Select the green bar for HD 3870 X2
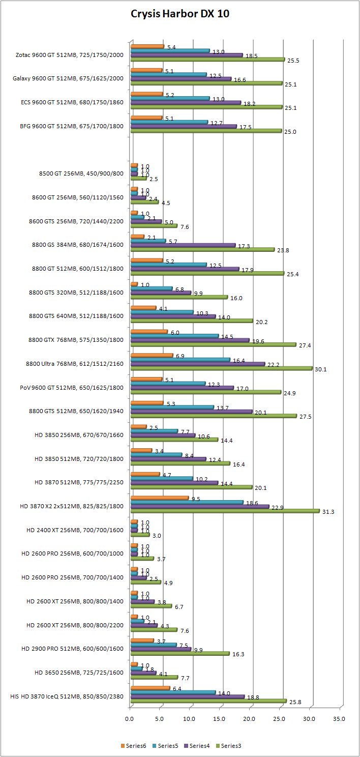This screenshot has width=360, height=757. click(225, 511)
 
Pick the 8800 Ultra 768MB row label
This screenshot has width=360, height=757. click(74, 363)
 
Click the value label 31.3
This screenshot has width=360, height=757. click(328, 512)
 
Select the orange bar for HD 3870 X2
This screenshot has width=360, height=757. click(159, 498)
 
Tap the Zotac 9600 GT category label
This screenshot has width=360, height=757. click(70, 55)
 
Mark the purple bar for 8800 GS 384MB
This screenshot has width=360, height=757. click(183, 245)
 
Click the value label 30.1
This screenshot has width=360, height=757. click(320, 369)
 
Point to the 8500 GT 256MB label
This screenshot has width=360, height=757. click(81, 173)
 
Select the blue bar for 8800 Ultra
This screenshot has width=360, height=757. click(180, 359)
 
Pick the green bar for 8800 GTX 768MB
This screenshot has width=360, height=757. click(213, 344)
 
